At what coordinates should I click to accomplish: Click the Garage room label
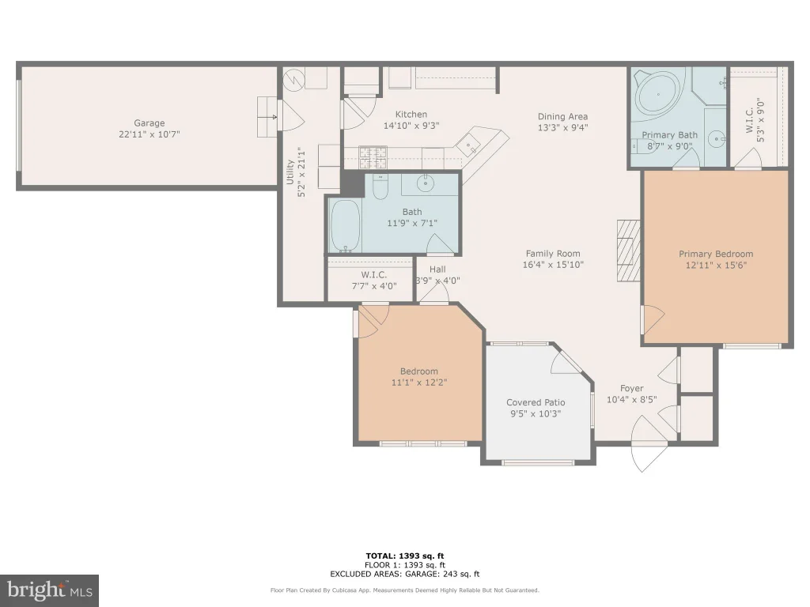pyautogui.click(x=150, y=123)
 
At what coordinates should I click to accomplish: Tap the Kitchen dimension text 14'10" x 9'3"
pyautogui.click(x=411, y=126)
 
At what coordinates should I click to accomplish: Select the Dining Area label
pyautogui.click(x=562, y=117)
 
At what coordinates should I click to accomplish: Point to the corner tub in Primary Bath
pyautogui.click(x=658, y=95)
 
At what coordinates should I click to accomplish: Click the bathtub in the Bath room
pyautogui.click(x=345, y=225)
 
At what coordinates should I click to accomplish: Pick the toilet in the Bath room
pyautogui.click(x=380, y=187)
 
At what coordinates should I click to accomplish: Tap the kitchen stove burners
pyautogui.click(x=373, y=157)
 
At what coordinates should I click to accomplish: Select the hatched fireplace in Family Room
pyautogui.click(x=629, y=251)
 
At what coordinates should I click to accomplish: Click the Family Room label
pyautogui.click(x=553, y=254)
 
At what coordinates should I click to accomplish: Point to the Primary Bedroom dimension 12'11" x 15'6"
pyautogui.click(x=716, y=266)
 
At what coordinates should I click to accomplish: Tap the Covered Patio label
pyautogui.click(x=536, y=402)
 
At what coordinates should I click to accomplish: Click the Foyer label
pyautogui.click(x=632, y=388)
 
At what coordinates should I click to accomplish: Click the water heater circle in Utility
pyautogui.click(x=294, y=80)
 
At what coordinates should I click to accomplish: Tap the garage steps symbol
pyautogui.click(x=267, y=117)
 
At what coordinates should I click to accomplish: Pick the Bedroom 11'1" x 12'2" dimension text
pyautogui.click(x=419, y=383)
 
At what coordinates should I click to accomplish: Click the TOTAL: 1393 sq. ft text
pyautogui.click(x=405, y=556)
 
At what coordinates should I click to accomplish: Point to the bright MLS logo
pyautogui.click(x=49, y=590)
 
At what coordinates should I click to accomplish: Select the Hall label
pyautogui.click(x=437, y=269)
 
